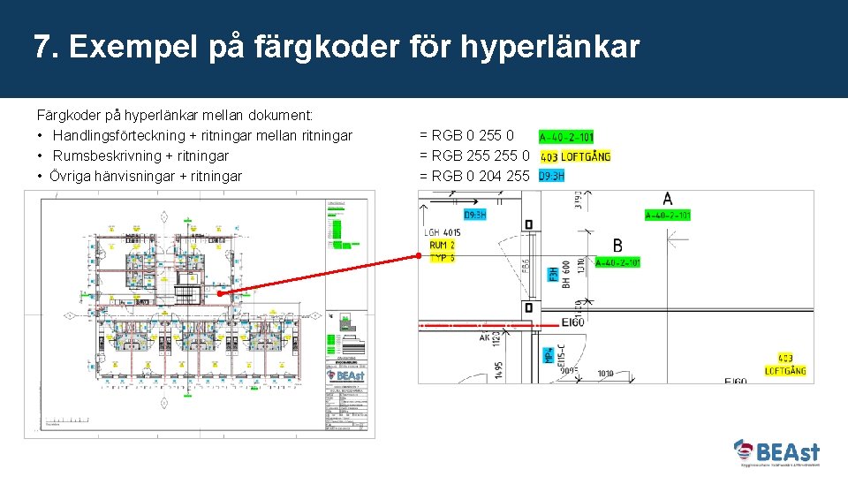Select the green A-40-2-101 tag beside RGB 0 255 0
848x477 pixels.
(x=566, y=137)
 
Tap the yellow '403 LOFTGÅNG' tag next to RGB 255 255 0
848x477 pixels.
(x=575, y=156)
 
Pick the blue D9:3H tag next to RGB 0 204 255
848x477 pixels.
(x=551, y=176)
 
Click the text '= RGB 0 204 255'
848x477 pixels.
(x=474, y=176)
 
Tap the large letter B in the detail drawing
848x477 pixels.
(x=617, y=245)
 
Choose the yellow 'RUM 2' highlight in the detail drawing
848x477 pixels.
(x=442, y=246)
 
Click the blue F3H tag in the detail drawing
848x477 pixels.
(x=553, y=275)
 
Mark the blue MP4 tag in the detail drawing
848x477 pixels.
(x=549, y=355)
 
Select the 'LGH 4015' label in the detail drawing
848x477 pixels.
(x=443, y=233)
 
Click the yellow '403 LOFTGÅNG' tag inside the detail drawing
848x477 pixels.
(x=791, y=365)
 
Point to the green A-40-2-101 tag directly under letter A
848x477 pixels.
(x=668, y=215)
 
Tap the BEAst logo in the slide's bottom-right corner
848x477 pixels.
(x=777, y=453)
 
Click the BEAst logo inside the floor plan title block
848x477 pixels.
(x=344, y=375)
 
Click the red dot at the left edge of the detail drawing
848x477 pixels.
(x=419, y=256)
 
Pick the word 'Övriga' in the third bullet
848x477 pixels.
(x=69, y=176)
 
